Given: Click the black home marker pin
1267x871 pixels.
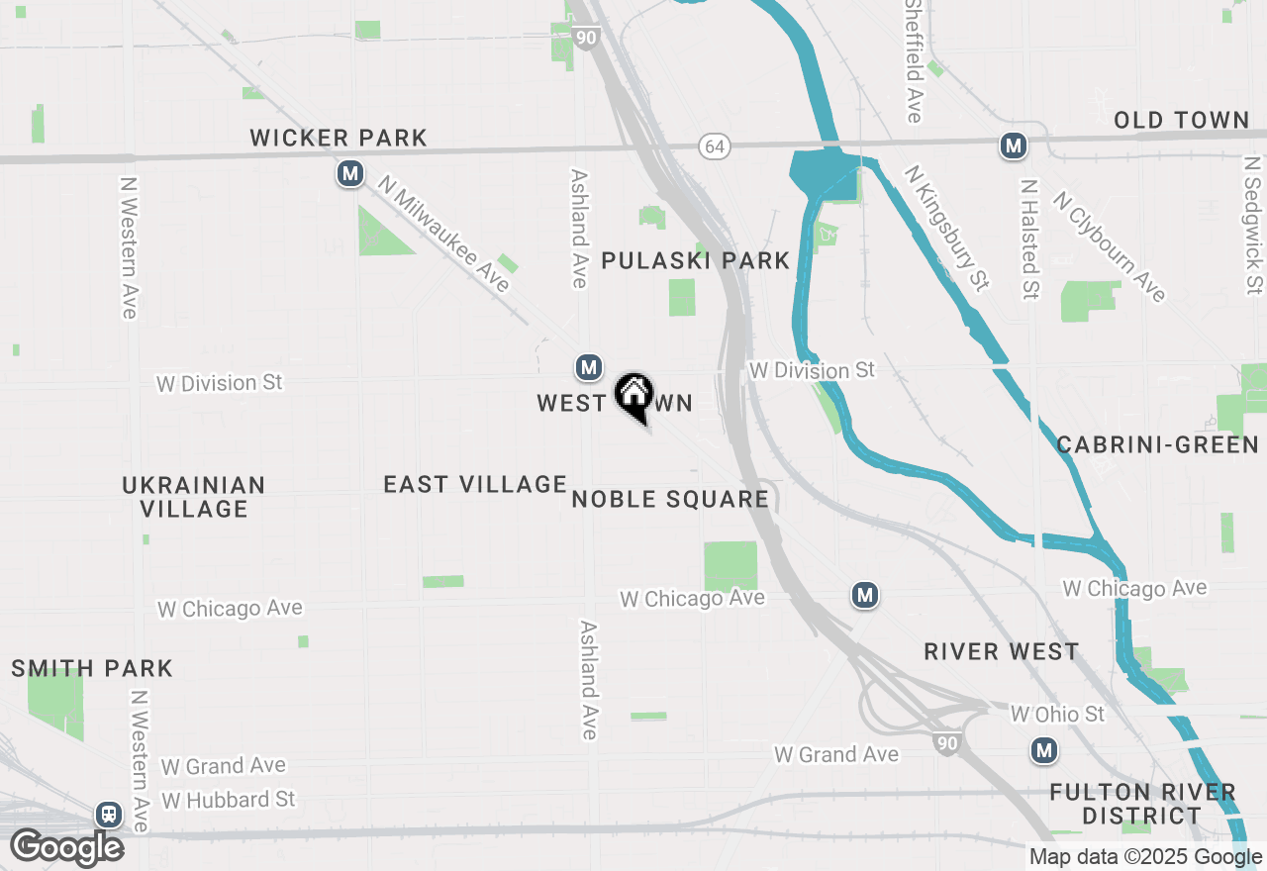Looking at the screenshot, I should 633,397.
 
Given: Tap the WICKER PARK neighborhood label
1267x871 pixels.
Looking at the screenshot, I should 339,138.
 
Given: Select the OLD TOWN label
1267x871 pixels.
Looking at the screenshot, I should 1181,121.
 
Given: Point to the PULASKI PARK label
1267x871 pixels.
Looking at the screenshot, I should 696,260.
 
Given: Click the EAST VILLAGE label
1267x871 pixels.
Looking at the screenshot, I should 475,484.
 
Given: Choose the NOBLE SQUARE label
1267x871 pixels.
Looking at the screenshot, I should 670,499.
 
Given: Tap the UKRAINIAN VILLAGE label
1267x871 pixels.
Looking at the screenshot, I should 194,497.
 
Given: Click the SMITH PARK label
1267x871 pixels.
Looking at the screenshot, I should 92,668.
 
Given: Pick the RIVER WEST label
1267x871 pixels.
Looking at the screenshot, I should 1001,651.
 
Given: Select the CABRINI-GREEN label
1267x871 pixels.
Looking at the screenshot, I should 1157,444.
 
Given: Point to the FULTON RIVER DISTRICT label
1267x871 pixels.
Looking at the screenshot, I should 1142,804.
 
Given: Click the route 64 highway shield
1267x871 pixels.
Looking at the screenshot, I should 715,146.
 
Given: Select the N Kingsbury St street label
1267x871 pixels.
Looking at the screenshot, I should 947,229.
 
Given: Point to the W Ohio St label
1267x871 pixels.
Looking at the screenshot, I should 1057,714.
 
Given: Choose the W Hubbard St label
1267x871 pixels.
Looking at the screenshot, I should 228,799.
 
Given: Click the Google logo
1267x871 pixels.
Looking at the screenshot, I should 66,848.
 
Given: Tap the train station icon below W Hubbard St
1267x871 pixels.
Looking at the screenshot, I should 108,815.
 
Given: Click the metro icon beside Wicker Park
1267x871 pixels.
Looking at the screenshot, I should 349,174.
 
